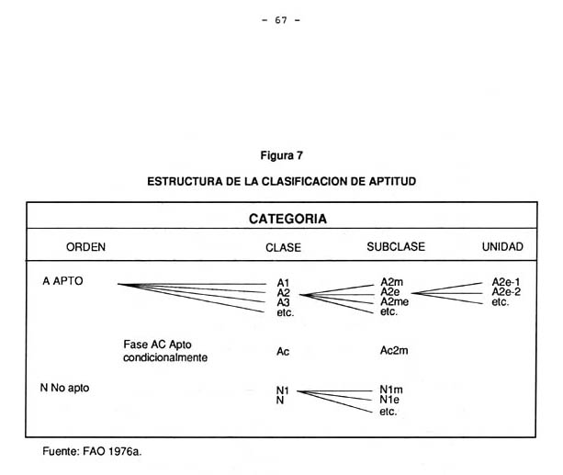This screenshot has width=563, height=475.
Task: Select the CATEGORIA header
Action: (287, 220)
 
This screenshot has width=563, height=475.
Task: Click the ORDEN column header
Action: (86, 247)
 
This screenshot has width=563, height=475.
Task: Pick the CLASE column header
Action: (283, 247)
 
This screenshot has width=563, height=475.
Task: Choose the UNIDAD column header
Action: (502, 247)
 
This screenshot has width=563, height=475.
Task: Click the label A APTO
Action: (62, 281)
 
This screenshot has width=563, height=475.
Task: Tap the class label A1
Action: (283, 283)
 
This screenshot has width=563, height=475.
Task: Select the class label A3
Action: (283, 302)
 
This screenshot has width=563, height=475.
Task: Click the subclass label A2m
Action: (394, 283)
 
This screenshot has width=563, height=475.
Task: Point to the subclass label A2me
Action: (397, 302)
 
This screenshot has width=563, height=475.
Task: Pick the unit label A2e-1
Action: (506, 283)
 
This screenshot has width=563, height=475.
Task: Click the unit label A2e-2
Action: (506, 292)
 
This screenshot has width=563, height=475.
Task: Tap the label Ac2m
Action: (394, 350)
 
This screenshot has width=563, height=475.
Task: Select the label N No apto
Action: (64, 388)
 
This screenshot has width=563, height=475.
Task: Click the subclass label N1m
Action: (391, 390)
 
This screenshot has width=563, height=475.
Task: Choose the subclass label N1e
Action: (390, 401)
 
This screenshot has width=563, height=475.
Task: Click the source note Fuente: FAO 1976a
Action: (92, 451)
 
